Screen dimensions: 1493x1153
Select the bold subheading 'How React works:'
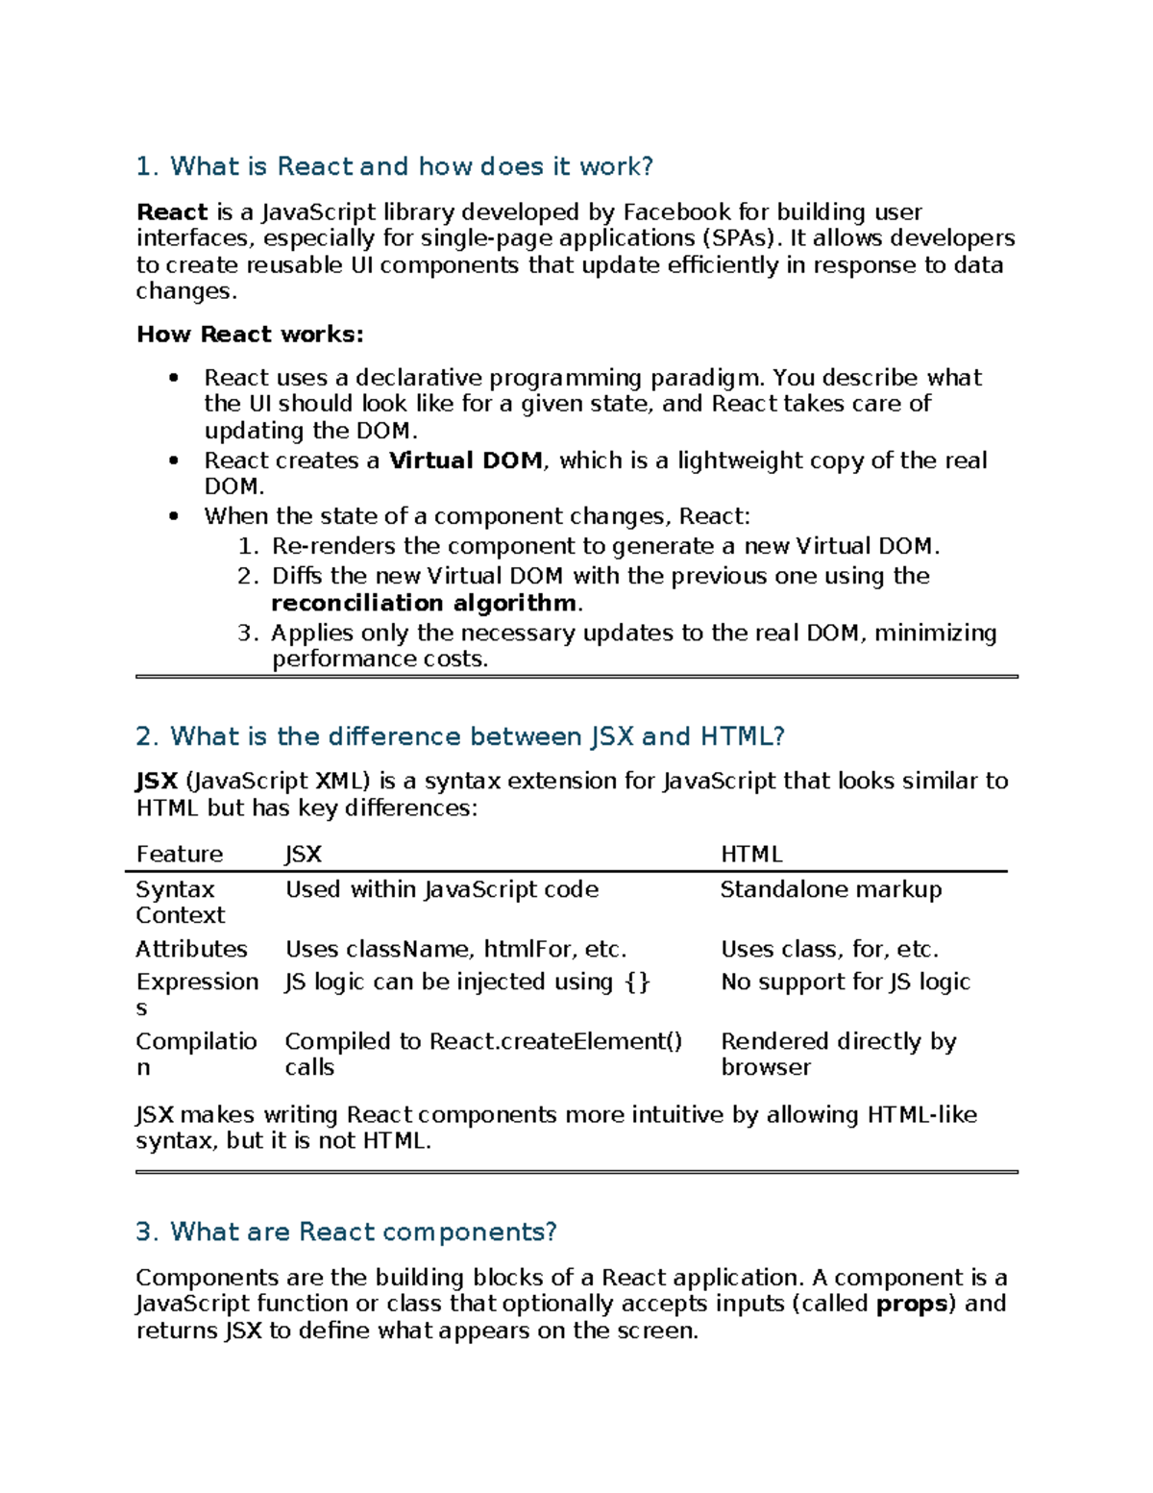[x=250, y=335]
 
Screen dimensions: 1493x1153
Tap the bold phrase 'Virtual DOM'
[x=466, y=460]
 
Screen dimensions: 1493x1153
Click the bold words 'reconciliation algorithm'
[x=425, y=603]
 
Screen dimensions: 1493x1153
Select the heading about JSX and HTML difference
[x=460, y=736]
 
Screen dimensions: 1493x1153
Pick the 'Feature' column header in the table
[x=180, y=854]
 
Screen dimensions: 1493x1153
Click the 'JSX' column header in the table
[x=303, y=854]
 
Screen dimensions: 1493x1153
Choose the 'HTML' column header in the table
[x=751, y=854]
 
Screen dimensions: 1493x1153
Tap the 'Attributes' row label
[x=191, y=949]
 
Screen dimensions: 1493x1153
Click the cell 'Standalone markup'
[x=831, y=889]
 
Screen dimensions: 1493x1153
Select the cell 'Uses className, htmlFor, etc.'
[x=455, y=949]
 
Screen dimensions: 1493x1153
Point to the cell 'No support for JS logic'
[x=846, y=982]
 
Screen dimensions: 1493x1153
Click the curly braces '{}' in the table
[x=637, y=982]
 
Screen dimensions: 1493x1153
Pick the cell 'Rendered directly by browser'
[x=838, y=1054]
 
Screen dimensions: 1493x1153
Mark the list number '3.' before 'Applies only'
[x=248, y=633]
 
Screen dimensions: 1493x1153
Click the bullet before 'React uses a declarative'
[x=174, y=378]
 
